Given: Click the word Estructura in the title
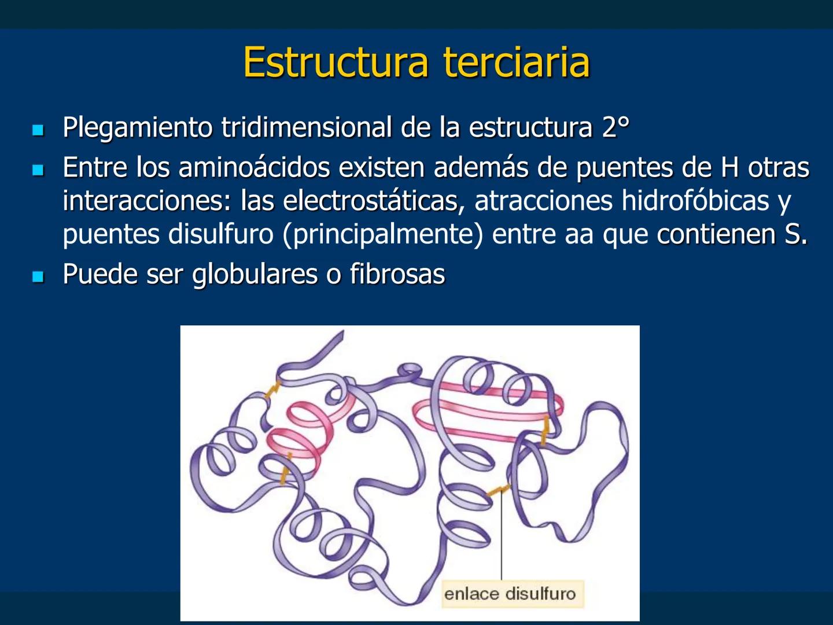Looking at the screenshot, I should coord(336,62).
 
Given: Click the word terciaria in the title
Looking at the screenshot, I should coord(517,62).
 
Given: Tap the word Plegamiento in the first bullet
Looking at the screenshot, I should coord(138,128).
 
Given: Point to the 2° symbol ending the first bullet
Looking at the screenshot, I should coord(615,128).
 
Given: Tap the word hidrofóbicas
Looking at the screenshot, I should coord(695,201).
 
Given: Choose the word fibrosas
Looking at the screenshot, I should coord(397,274).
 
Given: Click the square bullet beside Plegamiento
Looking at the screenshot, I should coord(38,130).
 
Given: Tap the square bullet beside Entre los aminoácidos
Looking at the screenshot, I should coord(38,170).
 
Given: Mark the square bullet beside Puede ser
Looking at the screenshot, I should coord(38,276).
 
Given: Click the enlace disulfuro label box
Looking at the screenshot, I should coord(510,594).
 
